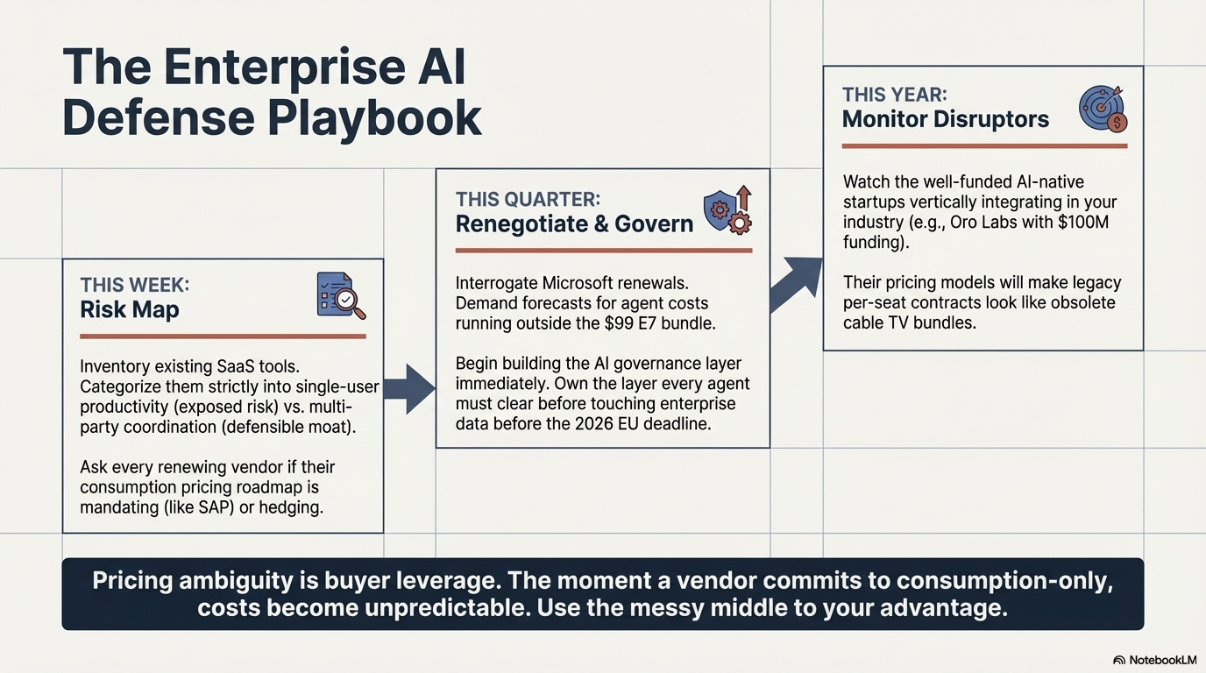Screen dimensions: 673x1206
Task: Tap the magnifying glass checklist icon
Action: click(x=340, y=294)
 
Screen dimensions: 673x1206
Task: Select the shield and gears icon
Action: click(x=727, y=209)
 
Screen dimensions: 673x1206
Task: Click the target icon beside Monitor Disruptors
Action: click(x=1103, y=108)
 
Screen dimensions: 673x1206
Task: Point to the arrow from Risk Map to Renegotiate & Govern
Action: click(x=408, y=388)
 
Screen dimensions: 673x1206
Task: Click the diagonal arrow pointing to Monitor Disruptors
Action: click(x=796, y=281)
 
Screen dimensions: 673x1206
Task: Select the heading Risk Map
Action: click(x=129, y=308)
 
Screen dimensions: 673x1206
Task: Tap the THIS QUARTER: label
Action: click(x=528, y=199)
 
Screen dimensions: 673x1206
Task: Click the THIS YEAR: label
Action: click(x=894, y=95)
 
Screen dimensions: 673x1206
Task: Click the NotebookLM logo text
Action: click(x=1158, y=660)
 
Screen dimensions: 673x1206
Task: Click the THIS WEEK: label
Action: click(x=134, y=285)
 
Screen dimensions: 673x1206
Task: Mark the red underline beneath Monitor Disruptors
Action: click(x=983, y=146)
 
